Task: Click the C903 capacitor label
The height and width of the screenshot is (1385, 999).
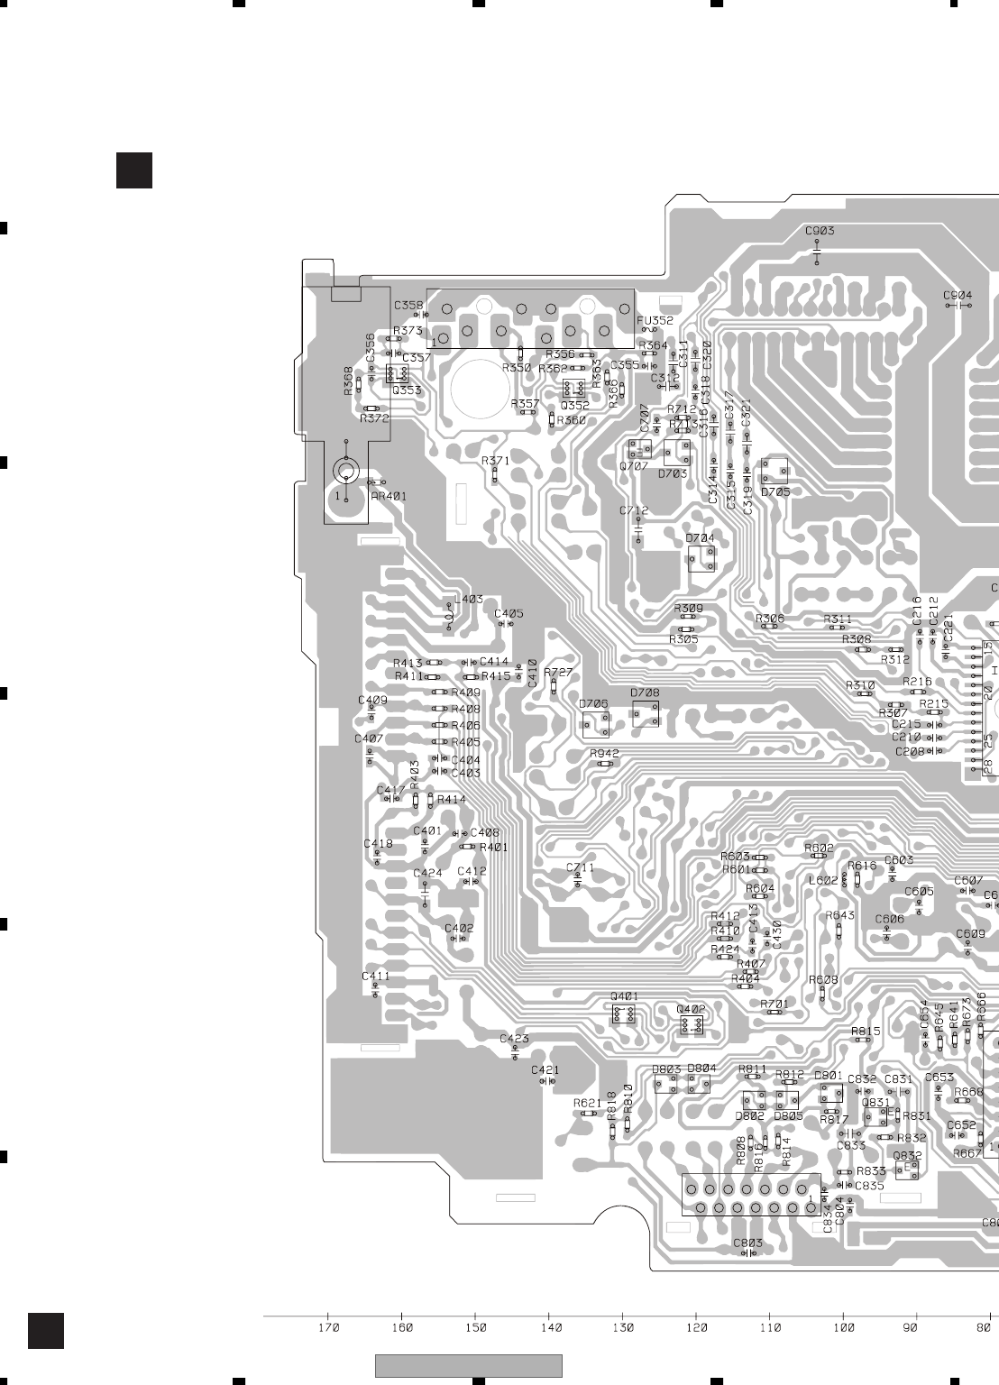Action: (820, 231)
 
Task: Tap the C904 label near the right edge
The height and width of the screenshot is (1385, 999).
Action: (958, 295)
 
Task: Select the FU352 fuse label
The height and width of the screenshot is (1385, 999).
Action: (655, 320)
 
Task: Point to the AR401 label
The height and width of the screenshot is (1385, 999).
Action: (389, 496)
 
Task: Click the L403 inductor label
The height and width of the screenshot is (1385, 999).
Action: (468, 599)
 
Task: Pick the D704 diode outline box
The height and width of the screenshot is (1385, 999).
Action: (701, 558)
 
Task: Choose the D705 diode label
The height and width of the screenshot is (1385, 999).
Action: (774, 492)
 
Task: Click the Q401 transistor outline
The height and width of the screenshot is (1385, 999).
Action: (623, 1014)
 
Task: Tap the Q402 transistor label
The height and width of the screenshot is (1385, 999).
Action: (691, 1009)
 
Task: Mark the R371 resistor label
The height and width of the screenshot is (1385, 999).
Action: (495, 461)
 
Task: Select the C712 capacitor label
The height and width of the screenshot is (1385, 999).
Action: (634, 511)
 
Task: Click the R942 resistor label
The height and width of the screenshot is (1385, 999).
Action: (604, 753)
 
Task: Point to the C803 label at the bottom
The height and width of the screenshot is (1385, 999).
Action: (747, 1243)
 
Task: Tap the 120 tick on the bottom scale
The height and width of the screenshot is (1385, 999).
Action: (696, 1327)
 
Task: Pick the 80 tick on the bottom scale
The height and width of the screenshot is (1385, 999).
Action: (983, 1327)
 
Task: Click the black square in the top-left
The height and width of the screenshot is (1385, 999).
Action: (134, 170)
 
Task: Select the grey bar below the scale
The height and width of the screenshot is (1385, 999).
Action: (468, 1366)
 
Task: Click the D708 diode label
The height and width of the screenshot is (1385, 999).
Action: (645, 692)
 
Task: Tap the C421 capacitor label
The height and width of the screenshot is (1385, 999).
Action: (545, 1070)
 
